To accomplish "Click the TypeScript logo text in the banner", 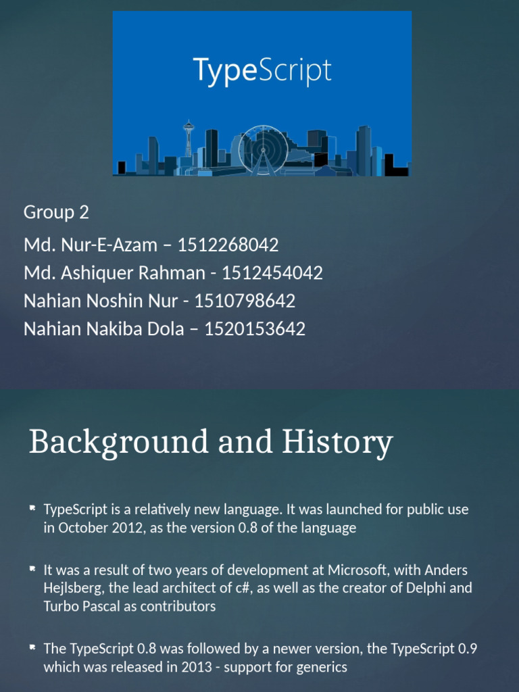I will pyautogui.click(x=262, y=71).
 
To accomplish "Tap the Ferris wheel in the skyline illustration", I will pyautogui.click(x=264, y=149).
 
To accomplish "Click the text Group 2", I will pyautogui.click(x=56, y=212).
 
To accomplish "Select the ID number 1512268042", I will pyautogui.click(x=228, y=245).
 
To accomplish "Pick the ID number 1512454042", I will pyautogui.click(x=272, y=273).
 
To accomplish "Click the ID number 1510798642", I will pyautogui.click(x=245, y=301).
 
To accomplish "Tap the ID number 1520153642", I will pyautogui.click(x=255, y=329).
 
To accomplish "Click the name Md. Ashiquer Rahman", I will pyautogui.click(x=114, y=273).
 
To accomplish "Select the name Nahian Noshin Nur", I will pyautogui.click(x=101, y=301).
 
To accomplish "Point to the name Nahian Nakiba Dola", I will pyautogui.click(x=103, y=329).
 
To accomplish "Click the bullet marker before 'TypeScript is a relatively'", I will pyautogui.click(x=32, y=508).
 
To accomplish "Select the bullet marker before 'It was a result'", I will pyautogui.click(x=32, y=569).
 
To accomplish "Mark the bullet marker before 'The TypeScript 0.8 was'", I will pyautogui.click(x=32, y=647).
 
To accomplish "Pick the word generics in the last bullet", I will pyautogui.click(x=320, y=667).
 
